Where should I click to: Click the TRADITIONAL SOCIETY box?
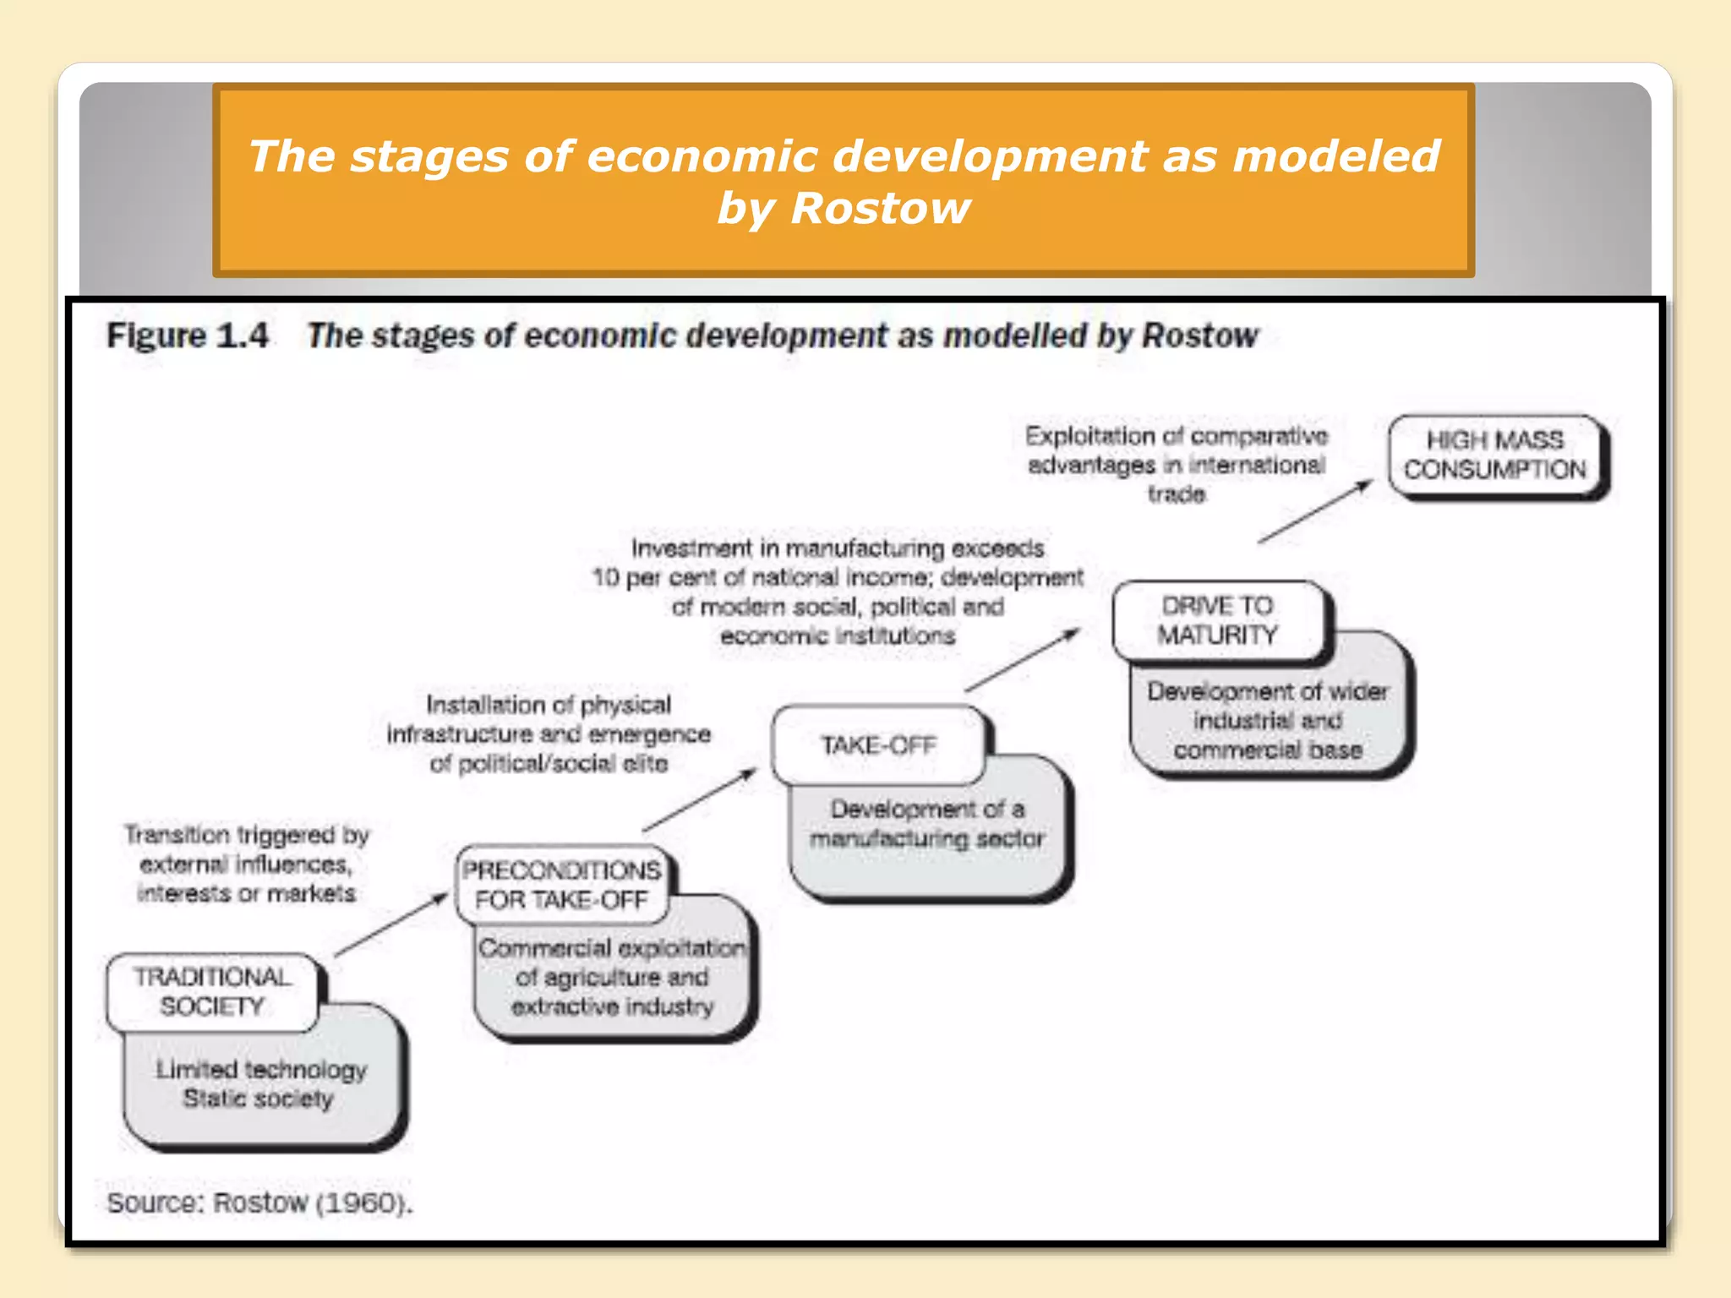click(x=212, y=992)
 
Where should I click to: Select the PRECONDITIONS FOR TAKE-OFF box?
click(x=561, y=885)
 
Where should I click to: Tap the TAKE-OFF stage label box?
click(x=879, y=745)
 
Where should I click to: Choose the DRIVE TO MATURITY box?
click(x=1218, y=620)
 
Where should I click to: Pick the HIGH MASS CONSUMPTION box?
click(x=1495, y=455)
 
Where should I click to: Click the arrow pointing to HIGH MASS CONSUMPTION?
click(x=1314, y=511)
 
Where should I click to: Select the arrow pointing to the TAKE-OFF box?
click(x=700, y=799)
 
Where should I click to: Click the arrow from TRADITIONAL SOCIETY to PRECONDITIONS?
click(x=391, y=925)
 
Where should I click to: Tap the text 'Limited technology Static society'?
click(x=260, y=1084)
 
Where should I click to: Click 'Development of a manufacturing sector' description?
click(x=927, y=824)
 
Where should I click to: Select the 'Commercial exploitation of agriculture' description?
click(x=612, y=978)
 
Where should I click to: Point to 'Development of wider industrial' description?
click(x=1268, y=721)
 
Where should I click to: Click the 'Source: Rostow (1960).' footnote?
click(x=259, y=1203)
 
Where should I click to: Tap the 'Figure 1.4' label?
click(x=188, y=335)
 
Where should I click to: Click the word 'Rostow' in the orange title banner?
click(x=880, y=208)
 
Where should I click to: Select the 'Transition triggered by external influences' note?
click(x=246, y=864)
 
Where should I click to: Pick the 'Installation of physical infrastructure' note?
click(x=549, y=734)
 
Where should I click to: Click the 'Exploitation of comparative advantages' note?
click(x=1177, y=465)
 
